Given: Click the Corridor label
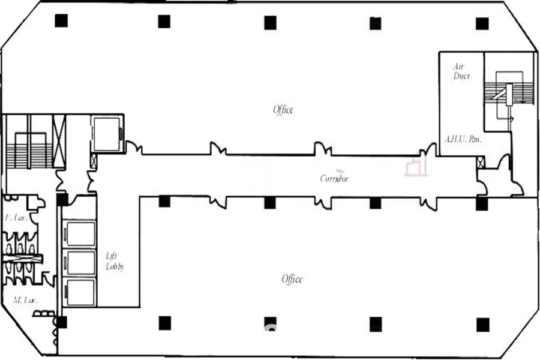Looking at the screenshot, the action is (334, 178).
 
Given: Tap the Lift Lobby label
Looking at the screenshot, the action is (115, 261).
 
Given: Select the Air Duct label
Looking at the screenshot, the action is (461, 71).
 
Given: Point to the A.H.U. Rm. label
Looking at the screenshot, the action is (463, 139).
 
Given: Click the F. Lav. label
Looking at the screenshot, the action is (16, 218).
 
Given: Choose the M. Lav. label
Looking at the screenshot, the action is (25, 300).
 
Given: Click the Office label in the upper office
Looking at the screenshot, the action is (283, 110).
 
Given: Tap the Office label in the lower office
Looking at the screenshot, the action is (292, 278).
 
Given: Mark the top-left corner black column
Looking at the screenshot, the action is (61, 20).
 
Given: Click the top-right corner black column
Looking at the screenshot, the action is (482, 24).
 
